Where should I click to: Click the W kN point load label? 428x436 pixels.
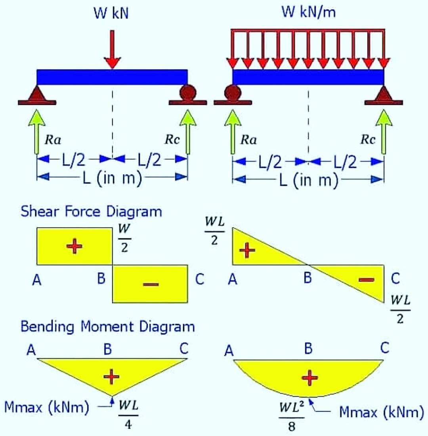click(x=111, y=13)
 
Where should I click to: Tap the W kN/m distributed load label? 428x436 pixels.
click(x=309, y=12)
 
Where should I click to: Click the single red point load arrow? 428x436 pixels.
click(x=112, y=49)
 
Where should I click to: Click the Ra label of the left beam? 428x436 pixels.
click(x=53, y=139)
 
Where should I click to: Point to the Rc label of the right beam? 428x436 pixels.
click(x=368, y=139)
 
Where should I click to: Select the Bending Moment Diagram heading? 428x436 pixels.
click(x=108, y=326)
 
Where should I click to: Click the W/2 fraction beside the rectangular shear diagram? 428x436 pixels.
click(x=124, y=238)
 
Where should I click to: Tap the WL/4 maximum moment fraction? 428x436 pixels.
click(x=128, y=415)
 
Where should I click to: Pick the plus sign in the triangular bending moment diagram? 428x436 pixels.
click(x=111, y=377)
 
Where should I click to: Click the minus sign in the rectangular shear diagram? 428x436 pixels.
click(x=151, y=284)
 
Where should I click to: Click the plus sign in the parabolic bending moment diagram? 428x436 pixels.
click(x=310, y=378)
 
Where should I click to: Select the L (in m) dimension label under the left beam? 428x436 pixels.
click(x=113, y=178)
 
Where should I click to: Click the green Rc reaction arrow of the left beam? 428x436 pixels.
click(x=188, y=132)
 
